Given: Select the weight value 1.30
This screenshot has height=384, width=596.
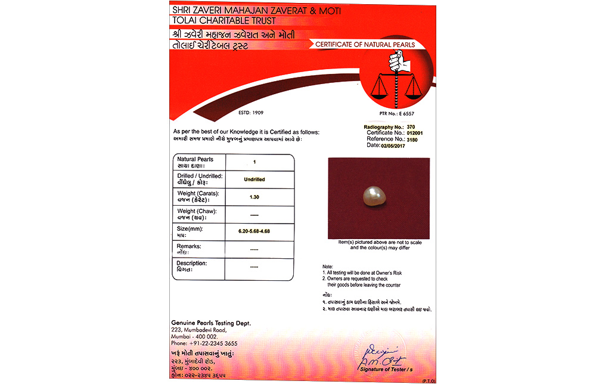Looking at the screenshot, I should [x=254, y=197].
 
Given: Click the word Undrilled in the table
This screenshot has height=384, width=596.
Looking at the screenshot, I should [x=254, y=179].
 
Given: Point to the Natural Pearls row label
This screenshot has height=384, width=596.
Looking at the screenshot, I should [x=195, y=162].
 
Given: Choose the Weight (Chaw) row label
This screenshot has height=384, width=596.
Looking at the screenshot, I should [x=197, y=214].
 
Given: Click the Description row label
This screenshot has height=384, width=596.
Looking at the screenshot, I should [x=193, y=266].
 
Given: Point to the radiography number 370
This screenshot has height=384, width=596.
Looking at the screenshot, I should [x=410, y=127].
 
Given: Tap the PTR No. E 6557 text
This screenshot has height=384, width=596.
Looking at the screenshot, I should [x=396, y=113].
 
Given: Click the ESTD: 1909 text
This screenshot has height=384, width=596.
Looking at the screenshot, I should [x=251, y=113].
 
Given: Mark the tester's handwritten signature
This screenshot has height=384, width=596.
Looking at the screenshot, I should [x=383, y=356].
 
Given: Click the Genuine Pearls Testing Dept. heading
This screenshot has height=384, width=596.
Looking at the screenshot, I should [x=211, y=323].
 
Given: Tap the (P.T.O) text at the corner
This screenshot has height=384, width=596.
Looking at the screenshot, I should [x=429, y=380].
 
